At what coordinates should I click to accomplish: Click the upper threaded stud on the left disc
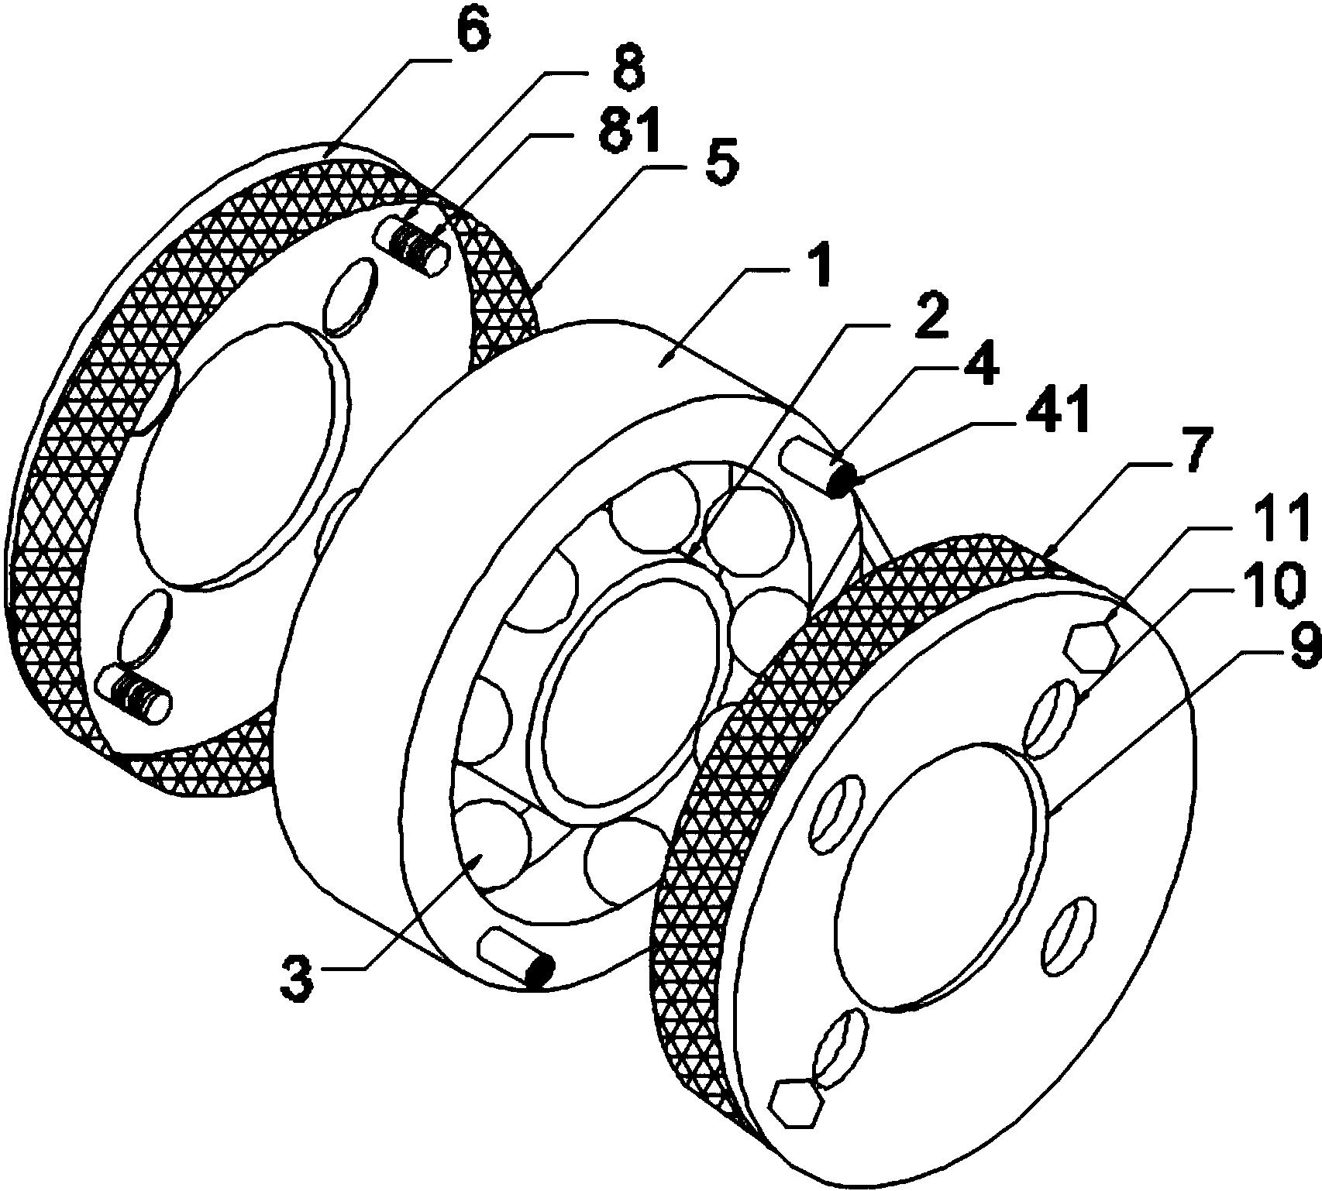[x=411, y=245]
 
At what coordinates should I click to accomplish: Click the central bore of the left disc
[x=243, y=455]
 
